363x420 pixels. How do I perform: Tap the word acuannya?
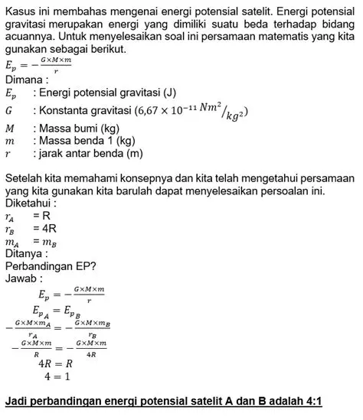click(35, 35)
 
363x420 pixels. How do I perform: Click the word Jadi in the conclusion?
click(16, 401)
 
